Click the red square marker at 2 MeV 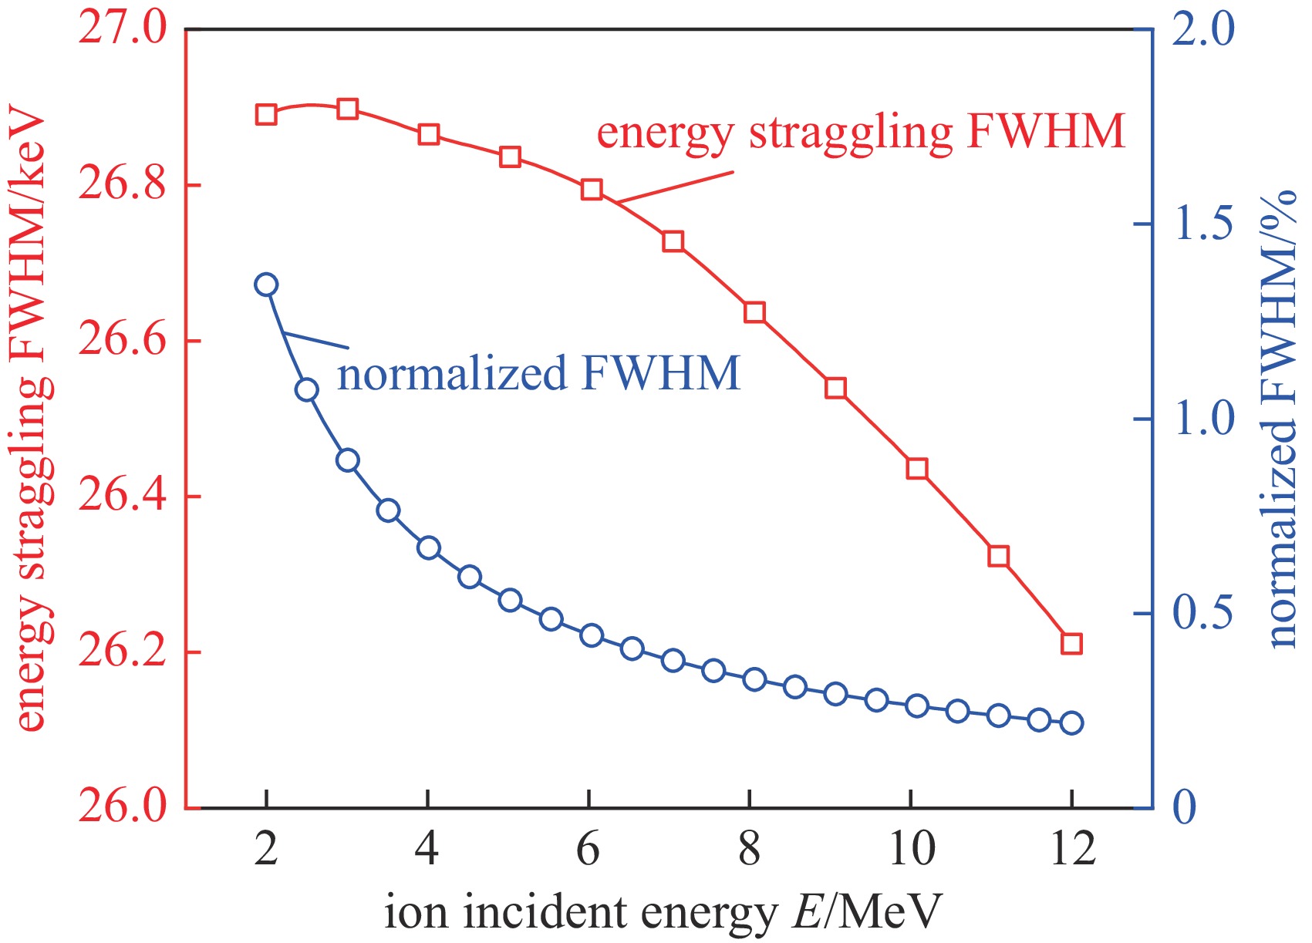[x=266, y=115]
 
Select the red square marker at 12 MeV [x=1071, y=643]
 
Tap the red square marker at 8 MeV [x=754, y=312]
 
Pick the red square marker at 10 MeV [x=916, y=468]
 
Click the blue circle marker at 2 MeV [x=266, y=285]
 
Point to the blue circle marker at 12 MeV [x=1071, y=722]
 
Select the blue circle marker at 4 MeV [x=428, y=548]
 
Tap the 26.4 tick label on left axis [x=123, y=497]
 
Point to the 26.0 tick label [x=123, y=807]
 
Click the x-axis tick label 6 [x=589, y=849]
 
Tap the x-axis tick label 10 [x=911, y=849]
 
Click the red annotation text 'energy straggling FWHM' [x=861, y=132]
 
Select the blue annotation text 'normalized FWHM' [x=539, y=373]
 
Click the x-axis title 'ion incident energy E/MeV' [x=663, y=913]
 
